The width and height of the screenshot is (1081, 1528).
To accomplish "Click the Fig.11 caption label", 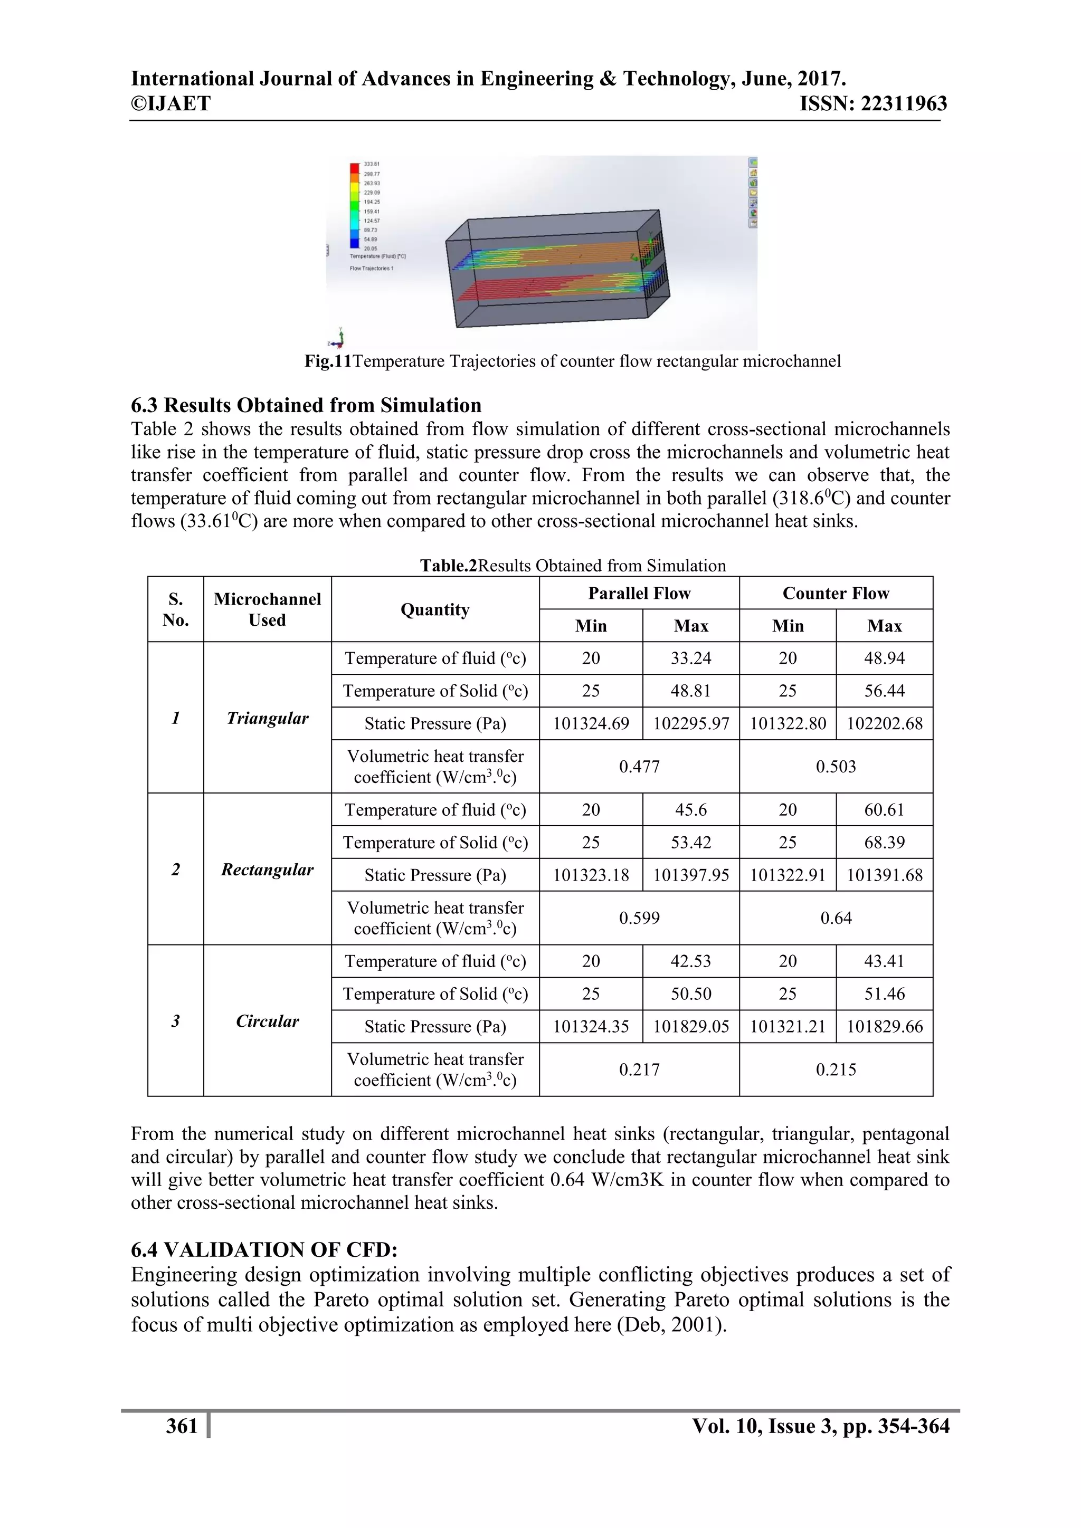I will (327, 361).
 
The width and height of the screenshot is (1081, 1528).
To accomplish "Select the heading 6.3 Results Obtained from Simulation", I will (306, 405).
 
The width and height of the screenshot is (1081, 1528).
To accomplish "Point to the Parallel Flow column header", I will (639, 593).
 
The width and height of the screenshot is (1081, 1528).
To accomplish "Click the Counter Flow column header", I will (836, 593).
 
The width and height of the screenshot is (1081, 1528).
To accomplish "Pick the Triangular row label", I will (267, 718).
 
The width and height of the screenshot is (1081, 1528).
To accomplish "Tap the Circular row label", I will (267, 1021).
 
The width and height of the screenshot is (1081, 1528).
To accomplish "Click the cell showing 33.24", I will (690, 658).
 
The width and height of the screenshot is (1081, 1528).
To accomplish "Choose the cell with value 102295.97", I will (690, 723).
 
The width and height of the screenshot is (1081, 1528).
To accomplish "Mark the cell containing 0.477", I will (639, 767).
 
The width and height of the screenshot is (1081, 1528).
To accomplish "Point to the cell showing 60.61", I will (884, 809).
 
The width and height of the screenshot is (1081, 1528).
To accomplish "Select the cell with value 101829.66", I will (884, 1026).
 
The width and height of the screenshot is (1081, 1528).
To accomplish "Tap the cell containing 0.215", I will (836, 1069).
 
